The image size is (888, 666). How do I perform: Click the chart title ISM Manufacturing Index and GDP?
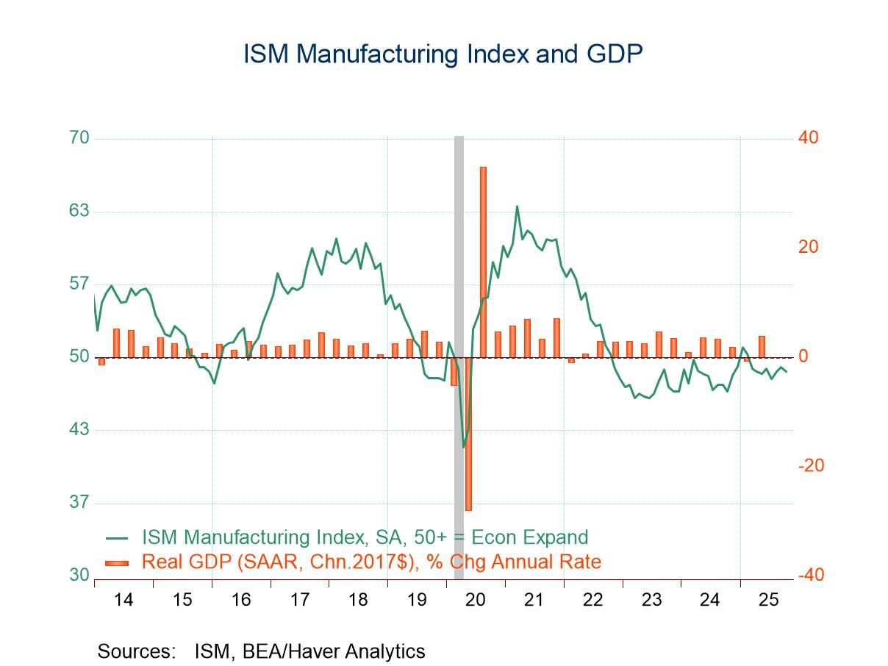click(x=443, y=54)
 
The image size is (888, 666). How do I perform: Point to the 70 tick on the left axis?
click(x=79, y=138)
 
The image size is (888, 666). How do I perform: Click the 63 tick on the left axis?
click(x=79, y=211)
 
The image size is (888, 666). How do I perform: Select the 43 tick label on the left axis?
click(x=79, y=429)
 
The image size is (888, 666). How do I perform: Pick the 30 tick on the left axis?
click(x=79, y=575)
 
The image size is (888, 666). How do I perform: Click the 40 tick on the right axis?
click(x=808, y=138)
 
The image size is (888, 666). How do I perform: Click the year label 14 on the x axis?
click(x=123, y=599)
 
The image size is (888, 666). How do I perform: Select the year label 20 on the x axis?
click(x=476, y=599)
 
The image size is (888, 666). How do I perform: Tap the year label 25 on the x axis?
click(x=768, y=599)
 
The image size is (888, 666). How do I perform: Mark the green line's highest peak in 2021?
click(x=517, y=207)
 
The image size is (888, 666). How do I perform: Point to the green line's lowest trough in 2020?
click(x=463, y=447)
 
